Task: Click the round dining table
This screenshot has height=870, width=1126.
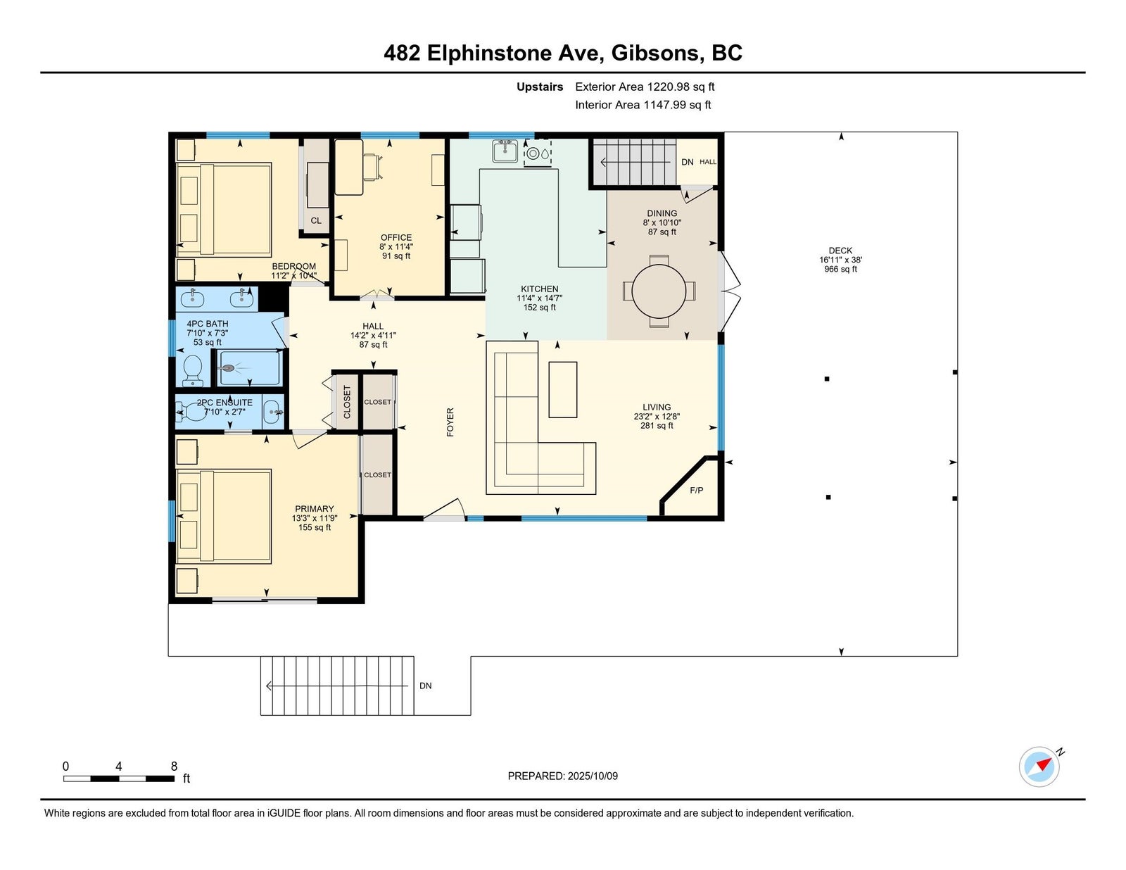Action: pos(659,291)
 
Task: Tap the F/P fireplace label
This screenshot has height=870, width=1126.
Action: pos(697,490)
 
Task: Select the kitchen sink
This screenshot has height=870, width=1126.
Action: pos(505,151)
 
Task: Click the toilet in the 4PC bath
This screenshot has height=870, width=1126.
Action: pos(193,370)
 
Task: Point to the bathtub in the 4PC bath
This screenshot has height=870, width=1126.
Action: pos(249,368)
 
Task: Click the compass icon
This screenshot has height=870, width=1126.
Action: pos(1039,767)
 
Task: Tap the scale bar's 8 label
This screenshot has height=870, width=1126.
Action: pos(174,767)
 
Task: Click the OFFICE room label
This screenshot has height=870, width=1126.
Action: pos(396,237)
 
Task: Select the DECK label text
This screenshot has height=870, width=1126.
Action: pos(840,251)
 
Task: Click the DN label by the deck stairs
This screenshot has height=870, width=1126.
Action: pos(426,686)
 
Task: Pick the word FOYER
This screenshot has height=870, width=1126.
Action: pos(450,422)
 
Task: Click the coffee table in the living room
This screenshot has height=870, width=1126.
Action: pos(563,390)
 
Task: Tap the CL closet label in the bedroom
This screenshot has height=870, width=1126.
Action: pos(316,220)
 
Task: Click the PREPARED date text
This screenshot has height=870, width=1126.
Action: pos(563,776)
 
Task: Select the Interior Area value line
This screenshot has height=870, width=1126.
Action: pos(643,105)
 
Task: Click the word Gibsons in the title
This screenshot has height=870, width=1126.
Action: pos(654,53)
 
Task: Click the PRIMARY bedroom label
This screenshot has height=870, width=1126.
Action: pos(314,509)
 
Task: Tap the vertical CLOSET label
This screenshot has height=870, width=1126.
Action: pos(347,402)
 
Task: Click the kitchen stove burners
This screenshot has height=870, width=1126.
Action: pos(538,153)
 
